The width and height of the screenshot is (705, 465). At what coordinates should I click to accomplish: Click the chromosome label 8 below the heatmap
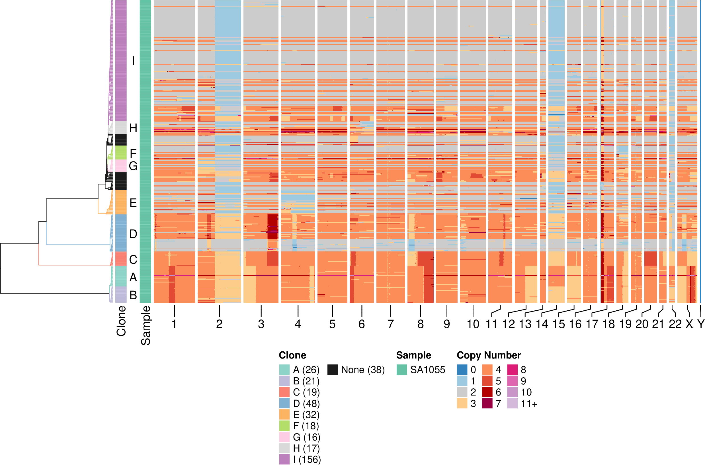pyautogui.click(x=420, y=324)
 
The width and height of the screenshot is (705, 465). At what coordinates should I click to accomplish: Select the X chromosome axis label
pyautogui.click(x=689, y=324)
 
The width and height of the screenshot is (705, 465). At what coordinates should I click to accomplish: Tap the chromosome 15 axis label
pyautogui.click(x=559, y=324)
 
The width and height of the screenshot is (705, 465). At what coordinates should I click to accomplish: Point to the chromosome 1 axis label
pyautogui.click(x=174, y=324)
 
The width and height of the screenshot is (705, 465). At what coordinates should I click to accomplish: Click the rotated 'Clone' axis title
pyautogui.click(x=121, y=321)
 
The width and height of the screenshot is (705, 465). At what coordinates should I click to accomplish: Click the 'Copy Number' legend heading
pyautogui.click(x=489, y=355)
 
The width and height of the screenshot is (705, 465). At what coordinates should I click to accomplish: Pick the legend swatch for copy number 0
pyautogui.click(x=462, y=370)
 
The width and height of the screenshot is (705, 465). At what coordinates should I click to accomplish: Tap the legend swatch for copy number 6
pyautogui.click(x=487, y=392)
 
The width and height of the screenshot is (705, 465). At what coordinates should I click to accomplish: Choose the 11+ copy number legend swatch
pyautogui.click(x=512, y=403)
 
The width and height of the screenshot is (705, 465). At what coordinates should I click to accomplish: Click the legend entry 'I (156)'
pyautogui.click(x=307, y=459)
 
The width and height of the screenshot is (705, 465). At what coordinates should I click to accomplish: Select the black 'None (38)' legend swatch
pyautogui.click(x=333, y=370)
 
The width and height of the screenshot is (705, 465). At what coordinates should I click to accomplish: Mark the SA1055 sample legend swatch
pyautogui.click(x=402, y=370)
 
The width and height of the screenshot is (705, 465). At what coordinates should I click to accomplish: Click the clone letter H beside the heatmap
pyautogui.click(x=133, y=128)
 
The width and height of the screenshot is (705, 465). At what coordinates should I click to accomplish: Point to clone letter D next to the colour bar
pyautogui.click(x=133, y=234)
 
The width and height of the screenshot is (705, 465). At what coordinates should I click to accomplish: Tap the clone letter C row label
pyautogui.click(x=133, y=259)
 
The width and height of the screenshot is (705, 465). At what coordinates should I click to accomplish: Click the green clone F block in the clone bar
pyautogui.click(x=121, y=153)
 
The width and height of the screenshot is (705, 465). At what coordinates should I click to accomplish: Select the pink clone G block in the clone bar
pyautogui.click(x=121, y=166)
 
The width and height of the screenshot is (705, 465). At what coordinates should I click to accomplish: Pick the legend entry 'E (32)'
pyautogui.click(x=306, y=415)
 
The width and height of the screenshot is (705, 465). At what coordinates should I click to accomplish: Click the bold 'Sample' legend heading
pyautogui.click(x=413, y=355)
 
